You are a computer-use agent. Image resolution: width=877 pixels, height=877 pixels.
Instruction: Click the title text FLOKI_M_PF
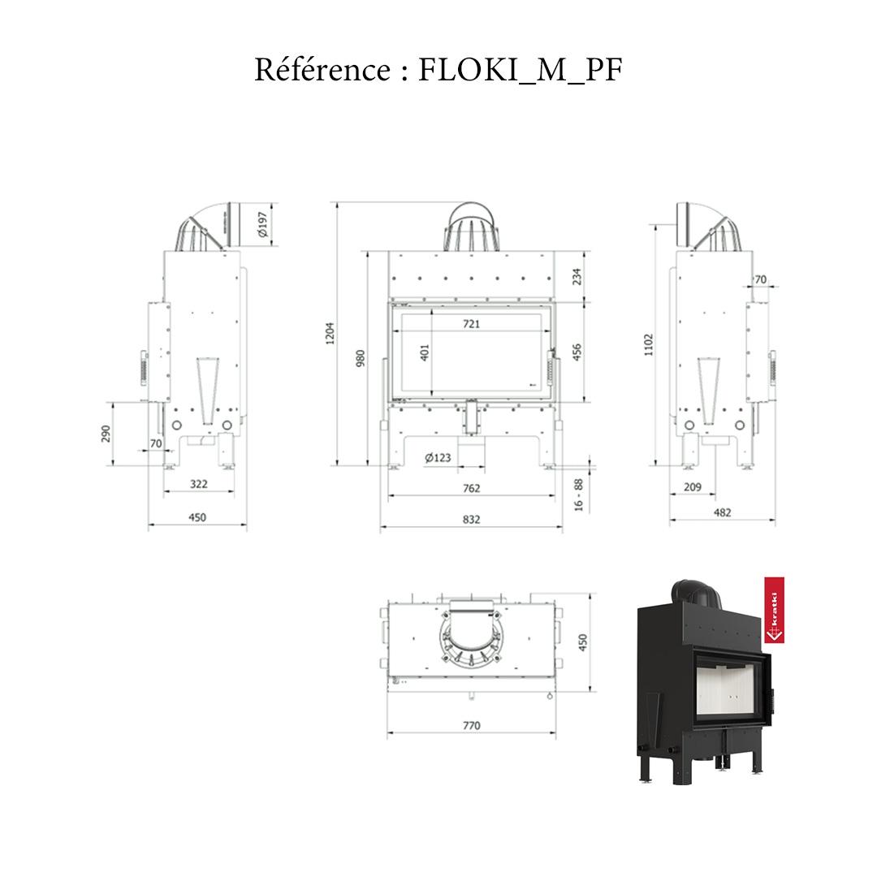tap(521, 71)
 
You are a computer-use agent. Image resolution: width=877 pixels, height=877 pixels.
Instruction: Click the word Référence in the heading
tap(322, 70)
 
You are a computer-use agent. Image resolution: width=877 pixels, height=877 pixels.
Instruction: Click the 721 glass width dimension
tap(472, 324)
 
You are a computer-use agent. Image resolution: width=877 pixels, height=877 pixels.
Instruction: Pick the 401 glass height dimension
tap(424, 352)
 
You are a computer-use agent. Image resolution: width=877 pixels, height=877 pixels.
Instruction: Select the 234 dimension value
tap(577, 277)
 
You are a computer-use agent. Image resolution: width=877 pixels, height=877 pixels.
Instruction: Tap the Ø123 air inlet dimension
tap(438, 458)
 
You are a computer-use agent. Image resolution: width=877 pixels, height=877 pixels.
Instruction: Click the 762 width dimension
tap(472, 488)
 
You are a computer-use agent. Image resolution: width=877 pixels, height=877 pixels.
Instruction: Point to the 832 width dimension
tap(472, 520)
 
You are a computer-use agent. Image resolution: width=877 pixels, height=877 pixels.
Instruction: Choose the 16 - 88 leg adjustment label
tap(578, 495)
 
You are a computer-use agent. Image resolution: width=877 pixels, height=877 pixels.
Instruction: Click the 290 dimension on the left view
tap(106, 434)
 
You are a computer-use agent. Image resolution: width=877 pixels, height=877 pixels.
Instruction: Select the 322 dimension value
tap(198, 484)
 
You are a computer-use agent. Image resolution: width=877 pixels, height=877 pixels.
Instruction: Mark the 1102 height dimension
tap(647, 346)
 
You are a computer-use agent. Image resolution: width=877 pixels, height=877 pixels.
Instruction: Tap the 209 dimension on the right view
tap(693, 487)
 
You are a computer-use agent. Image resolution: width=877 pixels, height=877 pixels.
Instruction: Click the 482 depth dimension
tap(722, 512)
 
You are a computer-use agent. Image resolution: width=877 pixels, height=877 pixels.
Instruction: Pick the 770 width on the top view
tap(472, 726)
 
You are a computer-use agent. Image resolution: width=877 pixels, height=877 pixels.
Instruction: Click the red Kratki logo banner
tap(775, 611)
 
